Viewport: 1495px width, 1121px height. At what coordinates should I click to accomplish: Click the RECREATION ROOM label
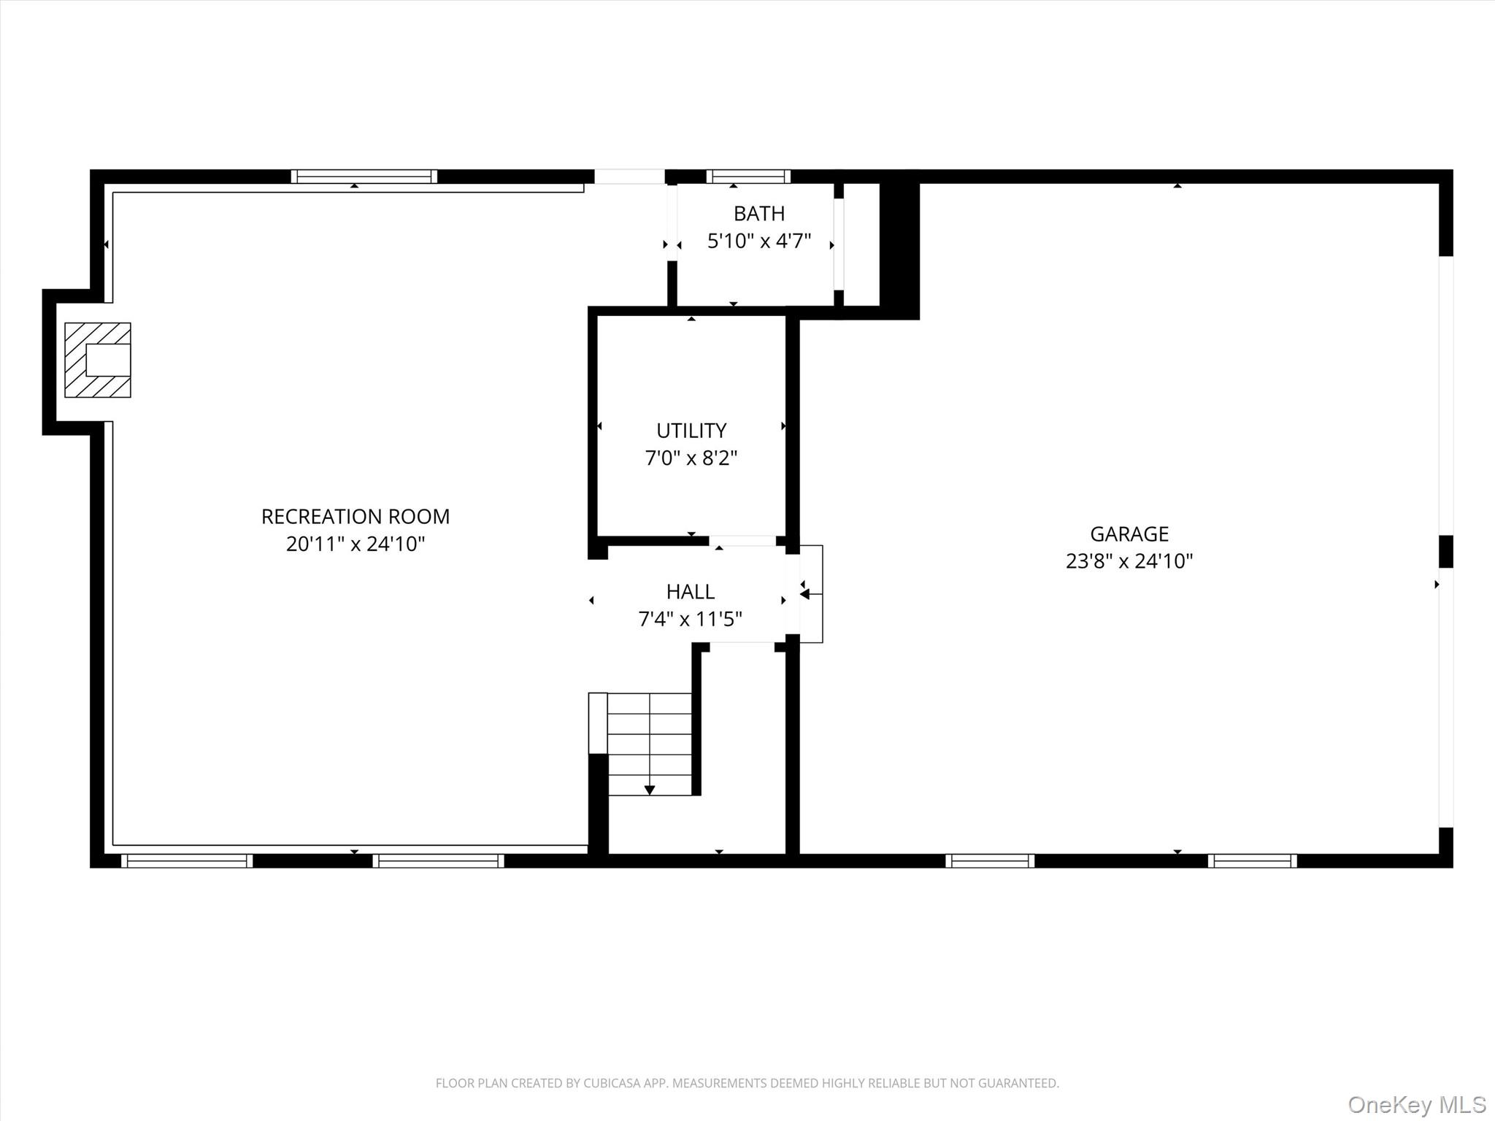(x=356, y=517)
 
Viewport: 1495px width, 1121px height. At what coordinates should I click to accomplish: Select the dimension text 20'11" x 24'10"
(x=356, y=544)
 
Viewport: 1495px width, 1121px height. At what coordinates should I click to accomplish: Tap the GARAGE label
(x=1129, y=534)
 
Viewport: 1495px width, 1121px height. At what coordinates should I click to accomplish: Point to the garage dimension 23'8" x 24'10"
(x=1129, y=561)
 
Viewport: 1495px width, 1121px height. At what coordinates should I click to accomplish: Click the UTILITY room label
(x=691, y=431)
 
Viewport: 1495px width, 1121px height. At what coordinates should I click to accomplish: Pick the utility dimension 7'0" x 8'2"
(x=691, y=458)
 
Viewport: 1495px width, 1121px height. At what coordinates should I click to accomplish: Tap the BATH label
(x=759, y=214)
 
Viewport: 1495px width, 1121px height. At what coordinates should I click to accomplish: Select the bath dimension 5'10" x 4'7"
(x=759, y=241)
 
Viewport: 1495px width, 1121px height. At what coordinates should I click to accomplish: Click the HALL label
(x=690, y=591)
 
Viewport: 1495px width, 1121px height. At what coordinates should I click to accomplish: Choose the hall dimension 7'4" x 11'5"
(x=690, y=619)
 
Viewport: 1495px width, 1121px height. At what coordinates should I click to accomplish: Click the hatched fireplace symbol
(x=98, y=360)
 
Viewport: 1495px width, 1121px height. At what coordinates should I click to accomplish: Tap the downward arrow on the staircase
(x=650, y=790)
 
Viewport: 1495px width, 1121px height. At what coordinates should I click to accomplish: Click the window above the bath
(x=748, y=177)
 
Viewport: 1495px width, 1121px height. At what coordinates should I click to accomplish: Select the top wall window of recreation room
(x=364, y=177)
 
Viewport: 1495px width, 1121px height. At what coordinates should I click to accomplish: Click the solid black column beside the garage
(x=899, y=248)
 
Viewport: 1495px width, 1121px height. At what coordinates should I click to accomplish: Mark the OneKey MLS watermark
(x=1416, y=1105)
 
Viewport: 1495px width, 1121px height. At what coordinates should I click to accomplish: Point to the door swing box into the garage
(x=812, y=594)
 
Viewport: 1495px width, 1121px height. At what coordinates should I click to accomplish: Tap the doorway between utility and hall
(x=742, y=541)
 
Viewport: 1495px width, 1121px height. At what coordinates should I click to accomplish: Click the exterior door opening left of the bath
(x=629, y=177)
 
